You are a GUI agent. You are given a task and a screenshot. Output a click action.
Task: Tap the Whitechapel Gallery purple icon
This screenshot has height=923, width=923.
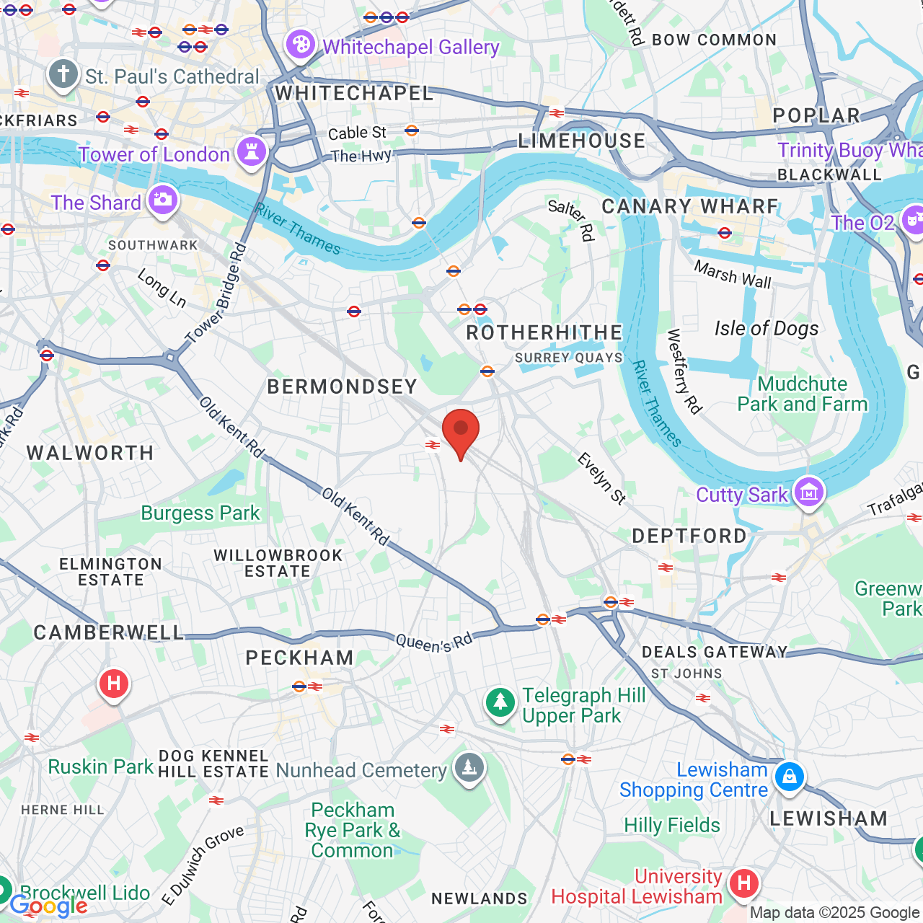point(300,45)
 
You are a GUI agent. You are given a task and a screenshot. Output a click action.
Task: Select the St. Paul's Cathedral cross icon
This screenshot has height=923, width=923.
point(63,74)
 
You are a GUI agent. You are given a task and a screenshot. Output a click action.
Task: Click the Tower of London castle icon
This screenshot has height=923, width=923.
point(252,152)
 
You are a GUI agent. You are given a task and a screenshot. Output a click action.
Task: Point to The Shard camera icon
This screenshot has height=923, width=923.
point(162,200)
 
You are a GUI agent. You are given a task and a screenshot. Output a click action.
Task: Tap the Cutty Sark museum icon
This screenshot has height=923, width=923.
point(808,493)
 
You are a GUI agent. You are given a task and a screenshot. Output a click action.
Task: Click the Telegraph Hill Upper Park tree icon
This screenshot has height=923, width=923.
point(500,702)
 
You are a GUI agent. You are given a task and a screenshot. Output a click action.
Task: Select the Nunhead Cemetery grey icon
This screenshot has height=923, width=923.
point(469,769)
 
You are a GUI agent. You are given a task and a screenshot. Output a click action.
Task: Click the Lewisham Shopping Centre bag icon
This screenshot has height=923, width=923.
point(790,777)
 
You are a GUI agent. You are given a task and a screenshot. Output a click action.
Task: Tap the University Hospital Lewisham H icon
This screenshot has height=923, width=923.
point(743,883)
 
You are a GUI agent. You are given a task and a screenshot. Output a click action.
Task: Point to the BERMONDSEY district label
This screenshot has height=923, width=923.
point(343,387)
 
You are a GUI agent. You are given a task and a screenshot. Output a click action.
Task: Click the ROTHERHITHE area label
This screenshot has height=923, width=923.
point(544,332)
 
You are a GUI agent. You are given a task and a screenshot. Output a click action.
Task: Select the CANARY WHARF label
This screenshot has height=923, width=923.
point(690,207)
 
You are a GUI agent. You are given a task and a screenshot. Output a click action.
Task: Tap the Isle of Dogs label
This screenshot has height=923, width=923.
point(767,329)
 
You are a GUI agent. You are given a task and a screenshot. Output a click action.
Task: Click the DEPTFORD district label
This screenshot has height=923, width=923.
point(689,536)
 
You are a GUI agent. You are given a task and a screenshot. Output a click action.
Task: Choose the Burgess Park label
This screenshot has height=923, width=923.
point(200,513)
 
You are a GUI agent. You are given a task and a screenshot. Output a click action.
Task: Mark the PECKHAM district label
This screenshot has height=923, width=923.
point(299,658)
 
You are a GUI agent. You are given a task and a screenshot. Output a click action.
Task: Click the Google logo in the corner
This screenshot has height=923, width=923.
point(48,906)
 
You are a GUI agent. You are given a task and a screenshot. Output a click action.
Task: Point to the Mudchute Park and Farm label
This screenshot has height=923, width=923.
point(802,394)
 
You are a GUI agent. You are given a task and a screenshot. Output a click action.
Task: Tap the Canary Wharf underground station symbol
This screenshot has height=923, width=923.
point(725,232)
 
